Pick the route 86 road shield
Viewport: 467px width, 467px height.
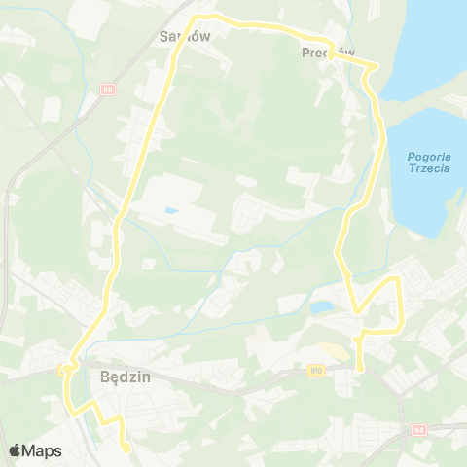pos(108,89)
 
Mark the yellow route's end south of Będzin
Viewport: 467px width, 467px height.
pos(126,448)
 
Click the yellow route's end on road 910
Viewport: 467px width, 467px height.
pos(359,369)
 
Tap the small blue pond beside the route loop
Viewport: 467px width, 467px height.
pos(319,308)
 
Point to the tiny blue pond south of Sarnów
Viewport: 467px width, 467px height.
pos(171,210)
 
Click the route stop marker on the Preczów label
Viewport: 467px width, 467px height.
pos(331,55)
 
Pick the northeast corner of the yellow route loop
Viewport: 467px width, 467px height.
pos(397,278)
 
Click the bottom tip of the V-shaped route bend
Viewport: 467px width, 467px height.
pos(359,312)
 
